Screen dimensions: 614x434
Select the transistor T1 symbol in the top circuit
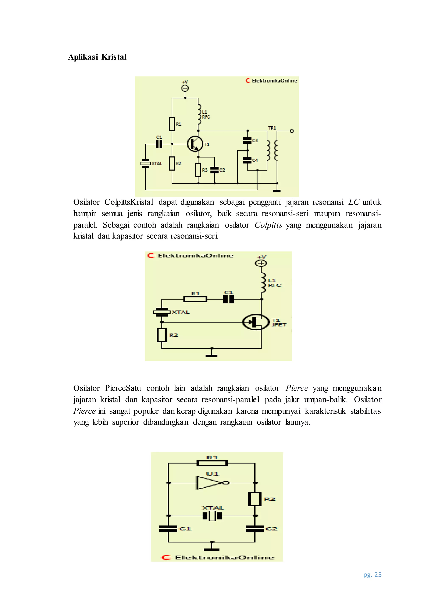[x=195, y=144]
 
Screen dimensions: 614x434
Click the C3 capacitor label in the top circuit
[x=255, y=140]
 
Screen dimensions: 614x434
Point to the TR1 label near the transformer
[x=272, y=128]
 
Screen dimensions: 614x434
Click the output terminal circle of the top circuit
[x=292, y=131]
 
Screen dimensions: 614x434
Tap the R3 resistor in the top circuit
[x=198, y=170]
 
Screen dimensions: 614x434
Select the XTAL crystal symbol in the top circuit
[x=146, y=163]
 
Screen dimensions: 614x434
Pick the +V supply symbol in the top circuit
[x=185, y=88]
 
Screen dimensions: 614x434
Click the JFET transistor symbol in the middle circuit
[x=256, y=322]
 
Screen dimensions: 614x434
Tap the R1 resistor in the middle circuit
[x=195, y=299]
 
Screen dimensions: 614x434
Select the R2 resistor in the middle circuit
[x=162, y=335]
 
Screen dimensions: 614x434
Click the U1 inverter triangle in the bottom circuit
[x=210, y=483]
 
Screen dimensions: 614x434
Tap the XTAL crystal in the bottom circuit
[x=212, y=515]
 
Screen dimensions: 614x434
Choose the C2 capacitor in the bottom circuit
[x=255, y=529]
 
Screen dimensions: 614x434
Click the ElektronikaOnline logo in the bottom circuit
[x=218, y=558]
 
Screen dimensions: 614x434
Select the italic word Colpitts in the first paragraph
[x=268, y=225]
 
